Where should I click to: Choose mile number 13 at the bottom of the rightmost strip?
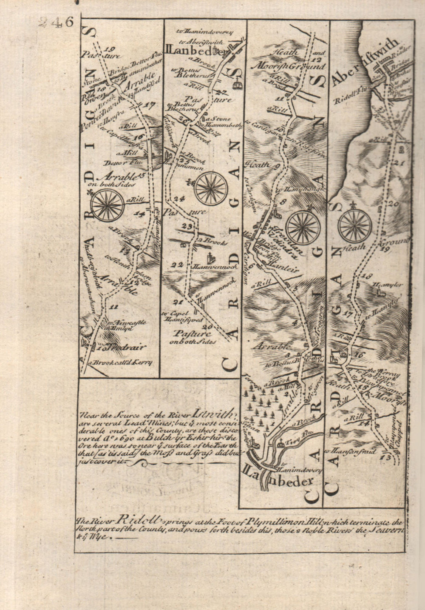point(385,458)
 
